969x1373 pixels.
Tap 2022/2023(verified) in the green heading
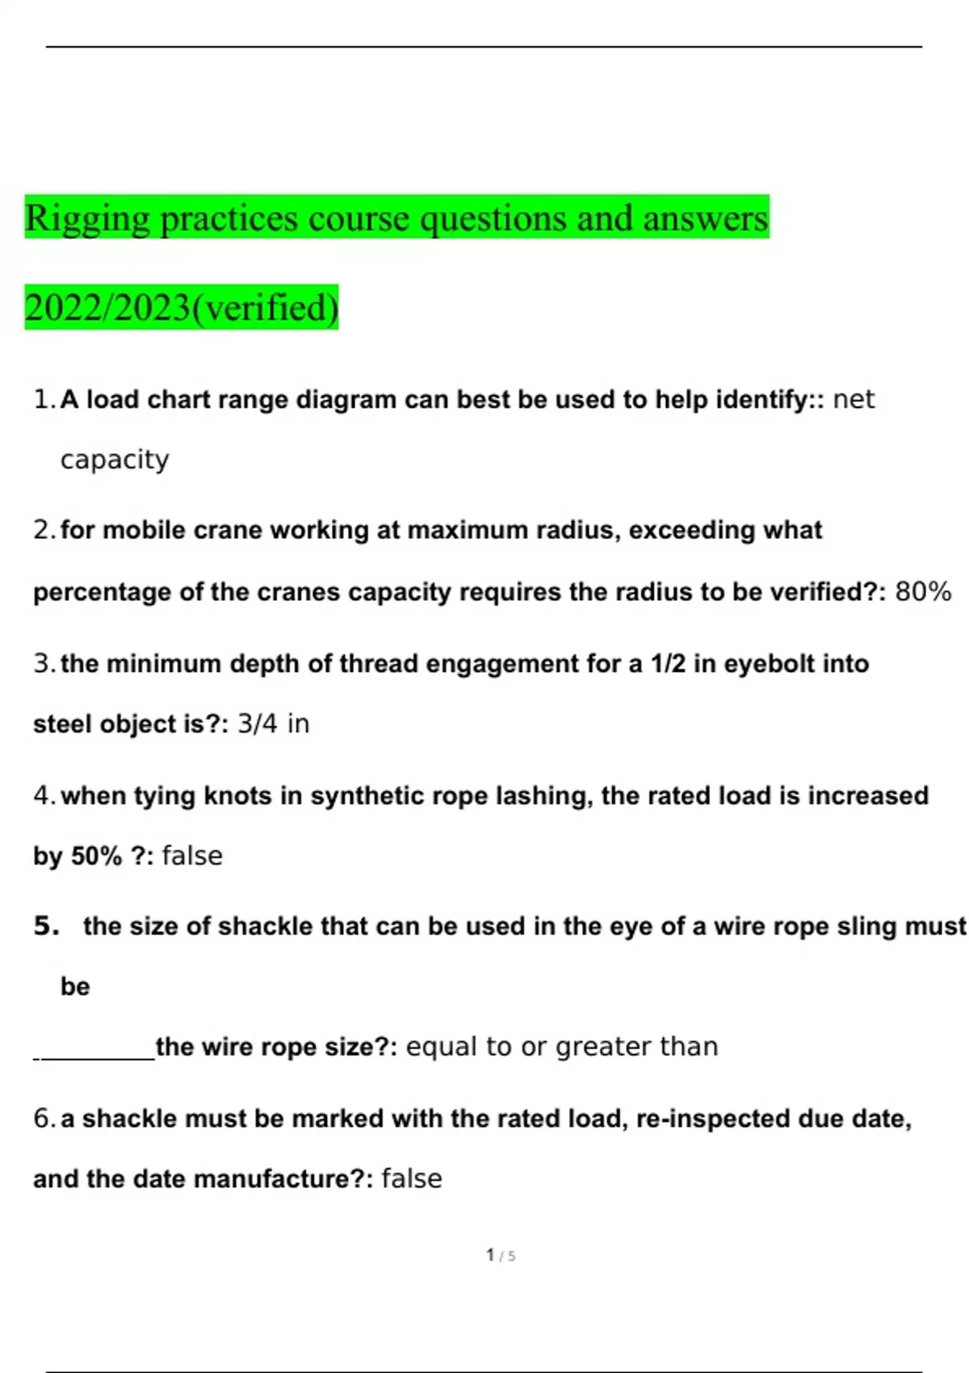coord(182,308)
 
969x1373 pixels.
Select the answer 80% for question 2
coord(923,592)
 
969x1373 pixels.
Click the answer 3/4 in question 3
coord(258,724)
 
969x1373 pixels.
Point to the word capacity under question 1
coord(115,460)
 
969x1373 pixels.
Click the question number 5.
coord(47,926)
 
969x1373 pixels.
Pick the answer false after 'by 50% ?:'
coord(192,856)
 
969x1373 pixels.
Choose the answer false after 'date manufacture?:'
coord(412,1179)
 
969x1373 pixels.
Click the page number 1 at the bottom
coord(490,1255)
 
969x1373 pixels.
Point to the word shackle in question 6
coord(124,1119)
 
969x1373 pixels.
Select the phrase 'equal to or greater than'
coord(562,1047)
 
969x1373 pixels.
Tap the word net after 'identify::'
coord(854,400)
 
